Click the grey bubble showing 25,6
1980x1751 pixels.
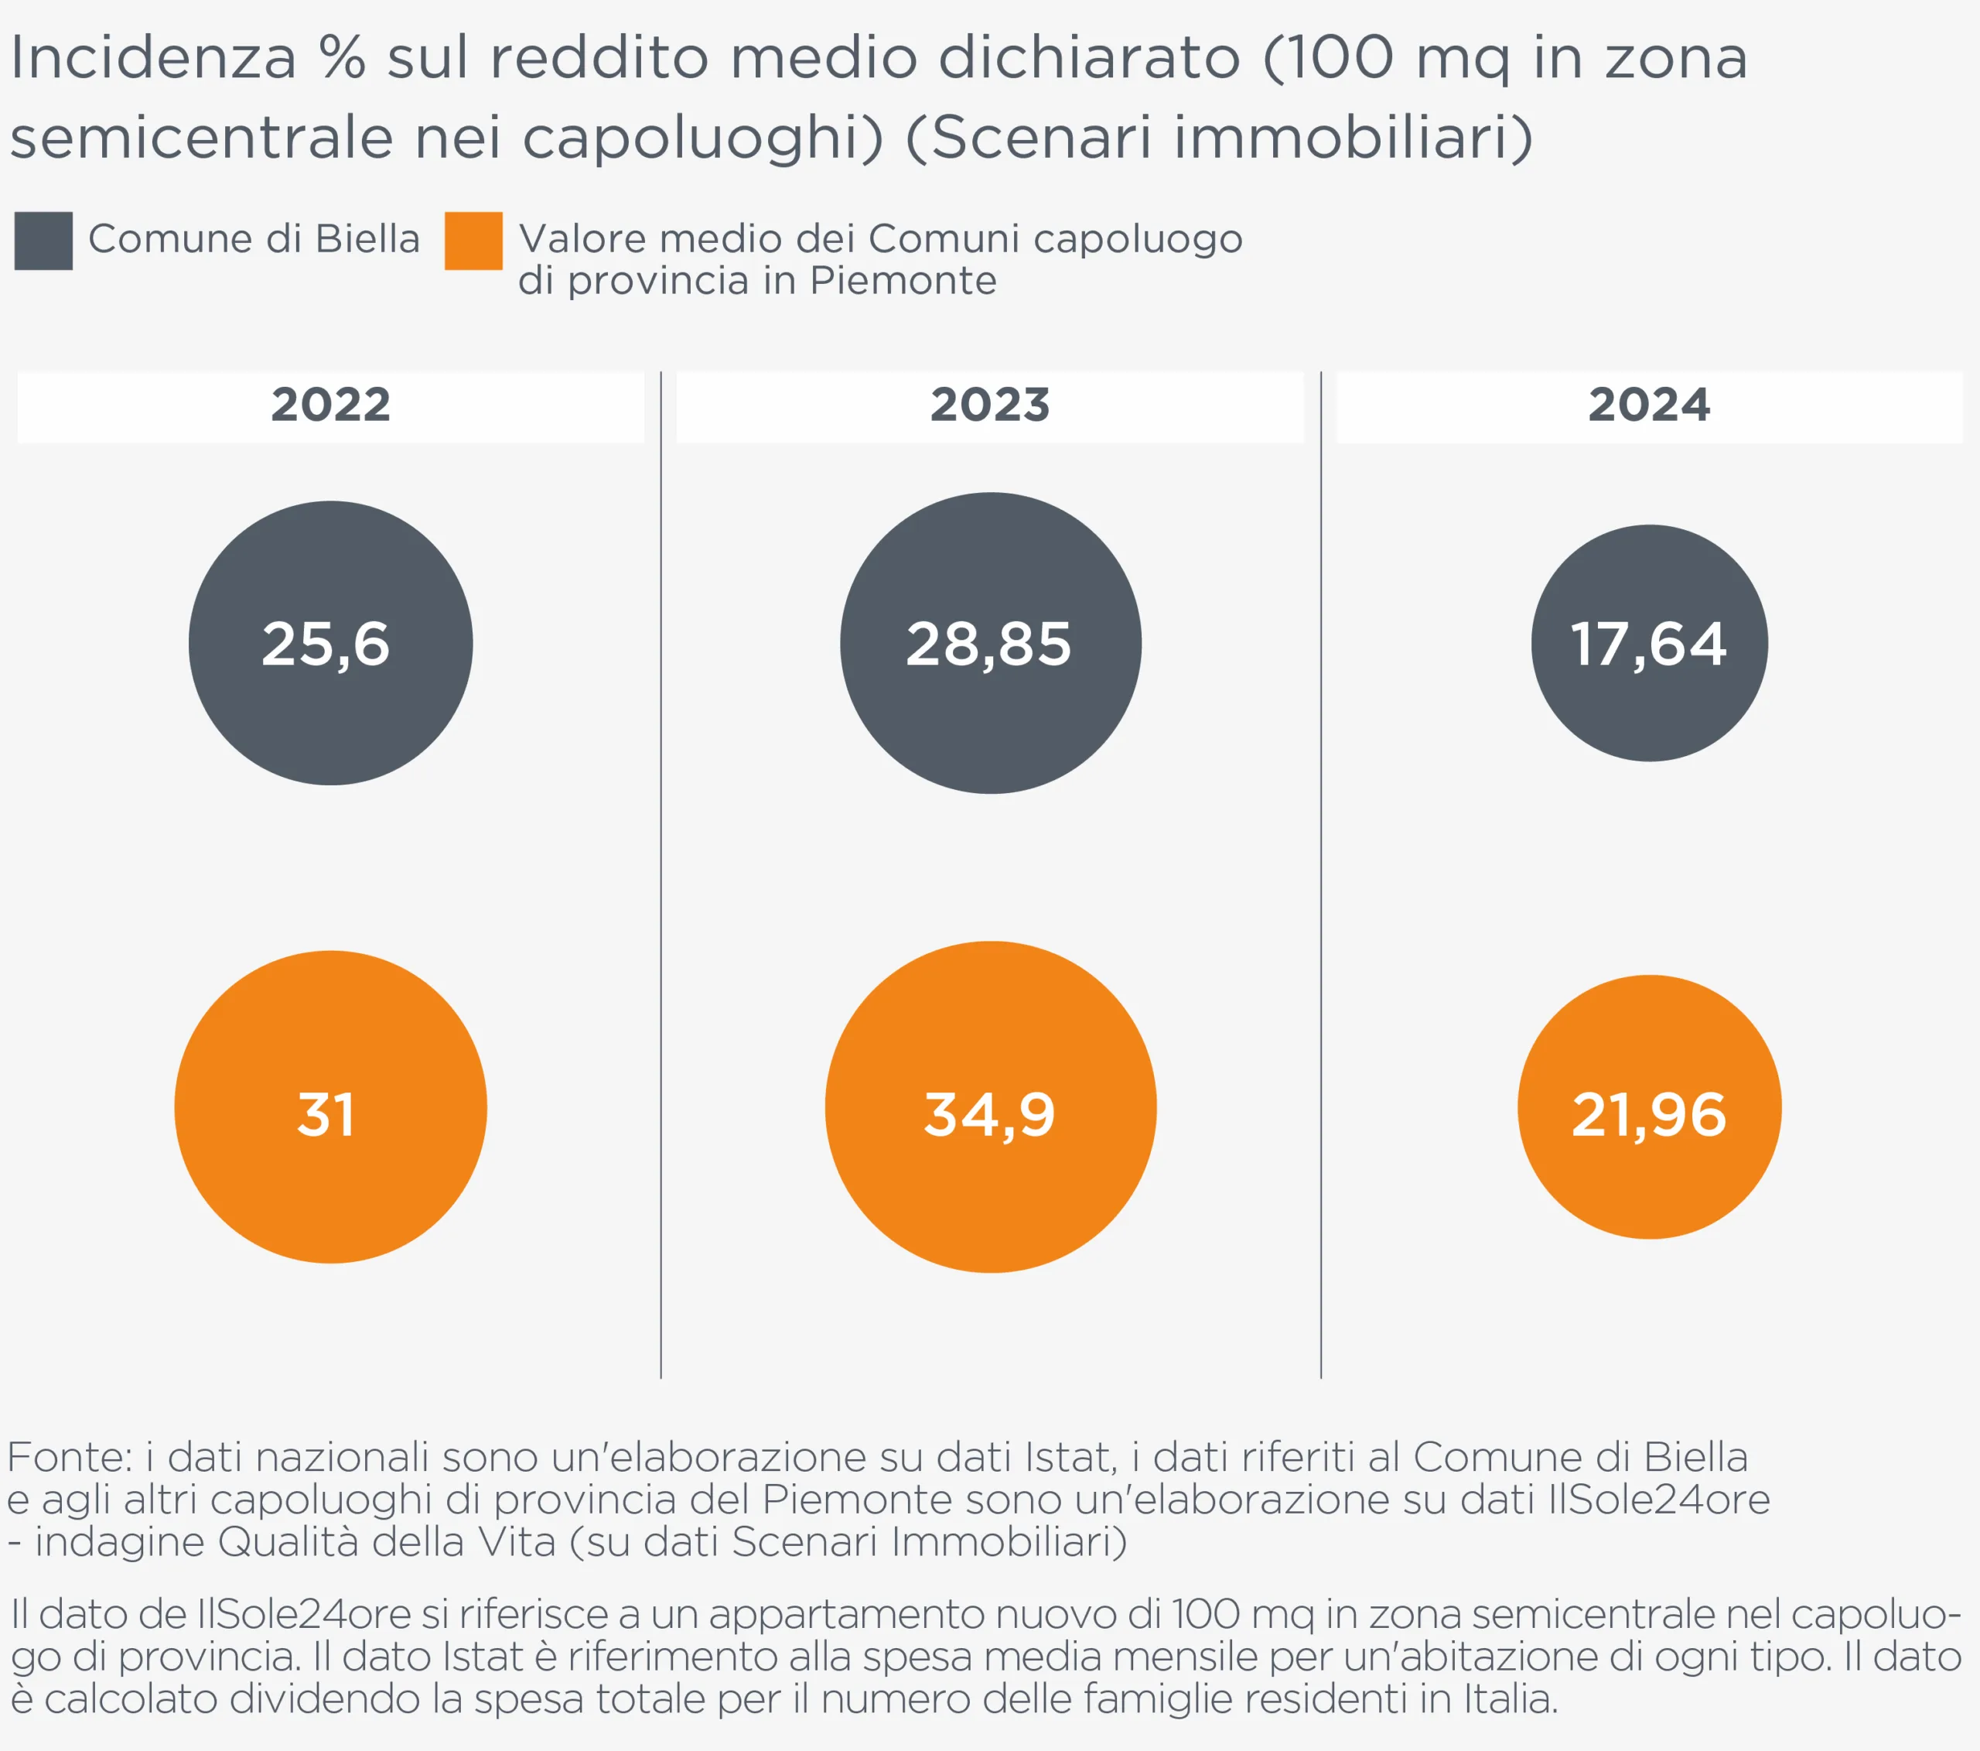click(x=330, y=644)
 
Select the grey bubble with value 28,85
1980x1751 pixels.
click(x=990, y=644)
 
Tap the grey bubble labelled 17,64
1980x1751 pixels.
click(x=1649, y=644)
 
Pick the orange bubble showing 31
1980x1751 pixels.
click(x=330, y=1106)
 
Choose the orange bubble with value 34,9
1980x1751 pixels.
click(x=990, y=1106)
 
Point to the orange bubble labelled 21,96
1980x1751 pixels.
click(x=1649, y=1106)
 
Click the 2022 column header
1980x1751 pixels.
click(x=330, y=405)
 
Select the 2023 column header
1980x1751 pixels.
click(x=990, y=405)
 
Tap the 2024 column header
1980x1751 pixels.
click(x=1649, y=405)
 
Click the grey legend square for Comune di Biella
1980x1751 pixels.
click(x=43, y=241)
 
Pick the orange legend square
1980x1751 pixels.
click(x=473, y=241)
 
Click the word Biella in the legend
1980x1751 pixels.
click(x=367, y=238)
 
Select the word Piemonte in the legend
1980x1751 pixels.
click(x=903, y=281)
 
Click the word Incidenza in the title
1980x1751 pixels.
click(x=153, y=58)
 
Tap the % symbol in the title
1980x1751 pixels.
click(x=343, y=58)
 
